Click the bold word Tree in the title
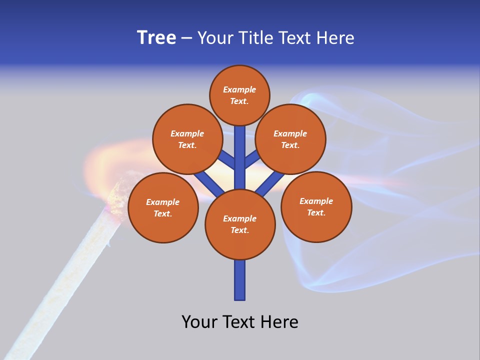[156, 37]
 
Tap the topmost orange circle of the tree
[239, 95]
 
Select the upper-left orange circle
[187, 139]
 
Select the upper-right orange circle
[290, 139]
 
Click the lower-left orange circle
[163, 207]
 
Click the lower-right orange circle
[316, 206]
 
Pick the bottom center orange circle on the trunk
[240, 224]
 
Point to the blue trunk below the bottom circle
[240, 280]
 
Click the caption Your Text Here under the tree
[240, 321]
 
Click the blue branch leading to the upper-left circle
[228, 160]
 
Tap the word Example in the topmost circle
[239, 89]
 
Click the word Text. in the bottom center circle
[239, 230]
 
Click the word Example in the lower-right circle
[316, 201]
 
